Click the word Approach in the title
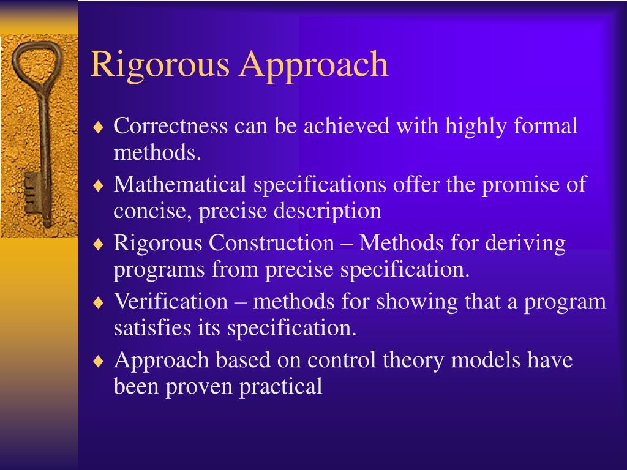click(313, 65)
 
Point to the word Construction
click(271, 243)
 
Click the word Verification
click(170, 301)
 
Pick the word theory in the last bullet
click(414, 359)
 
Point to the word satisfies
click(145, 328)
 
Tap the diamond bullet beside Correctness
click(99, 128)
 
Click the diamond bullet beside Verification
click(99, 303)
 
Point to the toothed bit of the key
click(31, 195)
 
